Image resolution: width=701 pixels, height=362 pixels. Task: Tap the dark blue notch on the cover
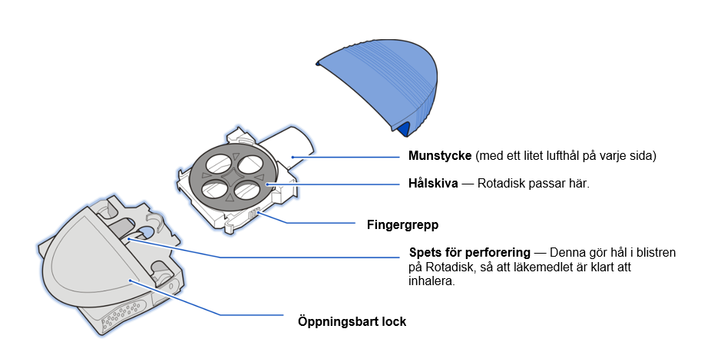(404, 129)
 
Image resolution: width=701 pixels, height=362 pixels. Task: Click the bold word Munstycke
(440, 156)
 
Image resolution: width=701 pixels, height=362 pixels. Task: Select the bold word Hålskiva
(433, 184)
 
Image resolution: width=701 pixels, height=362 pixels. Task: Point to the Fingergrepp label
(403, 224)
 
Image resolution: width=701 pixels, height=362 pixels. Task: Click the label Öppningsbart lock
(352, 322)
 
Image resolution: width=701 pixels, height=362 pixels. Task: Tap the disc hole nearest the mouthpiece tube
(251, 164)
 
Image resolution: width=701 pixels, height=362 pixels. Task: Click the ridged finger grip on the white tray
(254, 213)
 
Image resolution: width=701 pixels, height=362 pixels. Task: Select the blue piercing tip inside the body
(146, 232)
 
